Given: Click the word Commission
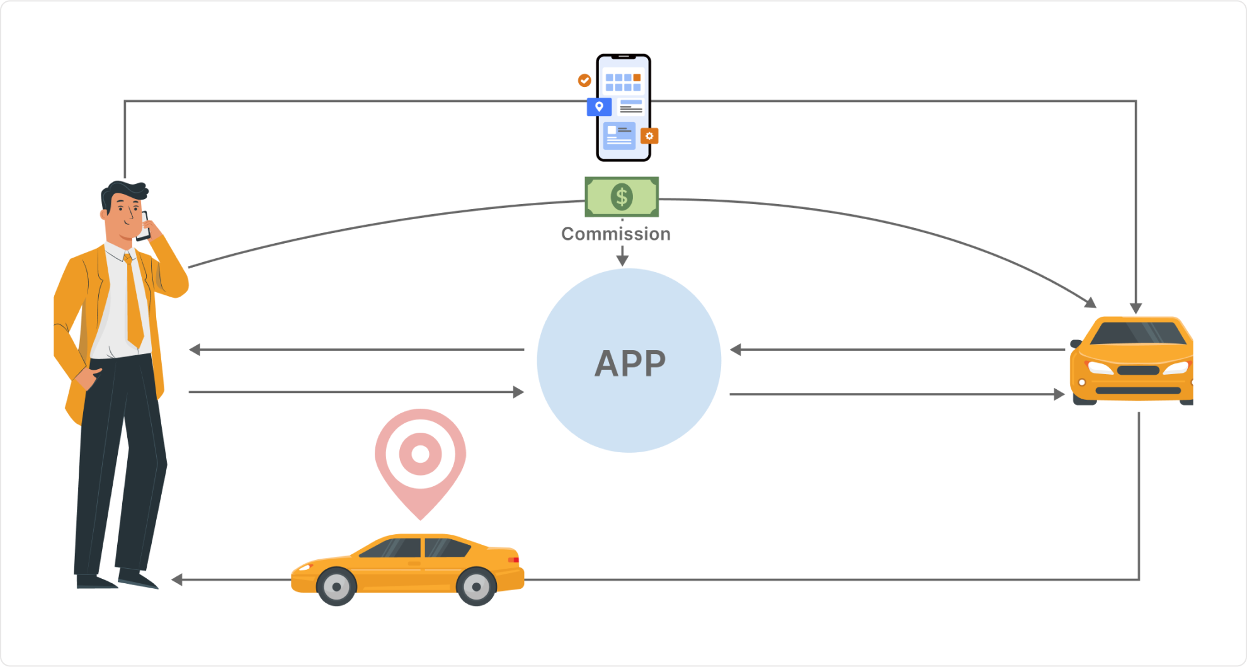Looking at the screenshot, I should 615,234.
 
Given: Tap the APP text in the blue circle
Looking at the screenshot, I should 630,363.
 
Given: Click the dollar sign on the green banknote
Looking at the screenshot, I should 622,197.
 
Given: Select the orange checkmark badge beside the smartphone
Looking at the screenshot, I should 584,80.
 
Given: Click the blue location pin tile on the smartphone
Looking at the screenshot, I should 599,106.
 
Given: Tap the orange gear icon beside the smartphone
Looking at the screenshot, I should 649,135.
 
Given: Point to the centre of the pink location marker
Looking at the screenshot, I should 420,453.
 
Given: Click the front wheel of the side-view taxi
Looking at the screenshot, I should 336,586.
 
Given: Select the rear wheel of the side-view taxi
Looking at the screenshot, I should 476,586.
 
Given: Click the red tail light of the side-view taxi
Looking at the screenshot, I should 513,559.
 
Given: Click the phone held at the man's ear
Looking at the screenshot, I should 144,227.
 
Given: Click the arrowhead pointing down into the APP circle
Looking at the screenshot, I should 622,259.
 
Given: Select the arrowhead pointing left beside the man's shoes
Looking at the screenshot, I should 177,579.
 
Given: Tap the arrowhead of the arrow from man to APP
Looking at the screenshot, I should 518,392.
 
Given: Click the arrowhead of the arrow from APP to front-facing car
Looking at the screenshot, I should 1059,394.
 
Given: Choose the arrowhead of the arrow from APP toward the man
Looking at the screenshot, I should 195,350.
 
